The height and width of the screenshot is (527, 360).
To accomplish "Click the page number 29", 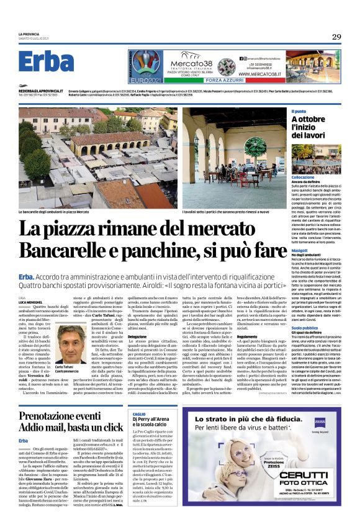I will coord(336,37).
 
